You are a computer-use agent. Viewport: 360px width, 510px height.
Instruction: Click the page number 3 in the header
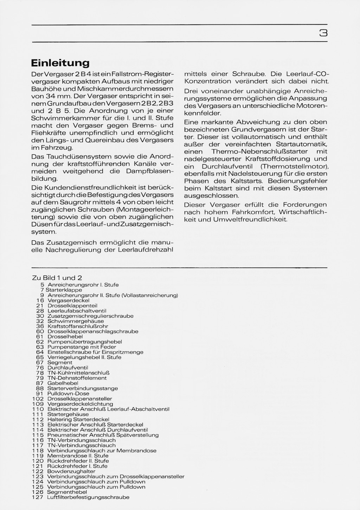click(323, 33)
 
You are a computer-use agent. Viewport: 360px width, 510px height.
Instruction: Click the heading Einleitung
click(60, 63)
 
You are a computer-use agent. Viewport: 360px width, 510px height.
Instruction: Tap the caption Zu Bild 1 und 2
click(57, 278)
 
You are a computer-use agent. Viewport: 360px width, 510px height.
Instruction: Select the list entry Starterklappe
click(64, 290)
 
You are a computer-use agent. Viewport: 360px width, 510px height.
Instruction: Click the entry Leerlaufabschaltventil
click(77, 311)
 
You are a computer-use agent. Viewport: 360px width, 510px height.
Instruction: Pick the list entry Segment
click(60, 362)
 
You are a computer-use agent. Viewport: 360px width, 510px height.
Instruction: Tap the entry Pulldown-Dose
click(68, 394)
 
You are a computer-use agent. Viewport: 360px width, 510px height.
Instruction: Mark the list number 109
click(38, 404)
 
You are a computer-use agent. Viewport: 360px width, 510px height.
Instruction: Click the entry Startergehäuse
click(68, 414)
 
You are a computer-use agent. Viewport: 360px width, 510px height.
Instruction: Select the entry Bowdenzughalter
click(71, 471)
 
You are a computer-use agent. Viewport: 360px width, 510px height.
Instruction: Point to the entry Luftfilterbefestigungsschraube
click(88, 497)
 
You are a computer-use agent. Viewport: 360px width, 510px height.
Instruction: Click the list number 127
click(38, 497)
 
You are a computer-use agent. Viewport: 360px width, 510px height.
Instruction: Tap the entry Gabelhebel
click(63, 383)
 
